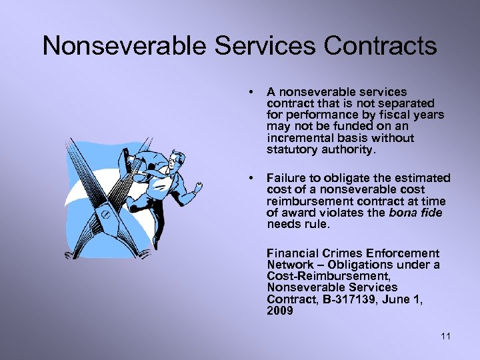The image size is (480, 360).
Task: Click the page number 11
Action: point(445,337)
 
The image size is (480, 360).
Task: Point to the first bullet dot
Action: point(249,91)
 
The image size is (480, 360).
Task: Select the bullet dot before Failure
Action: point(249,178)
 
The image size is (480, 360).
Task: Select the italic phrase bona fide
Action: point(418,213)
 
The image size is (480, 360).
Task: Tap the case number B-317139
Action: point(350,299)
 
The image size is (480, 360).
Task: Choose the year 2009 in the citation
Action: point(279,311)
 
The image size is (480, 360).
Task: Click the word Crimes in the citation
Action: point(334,253)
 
